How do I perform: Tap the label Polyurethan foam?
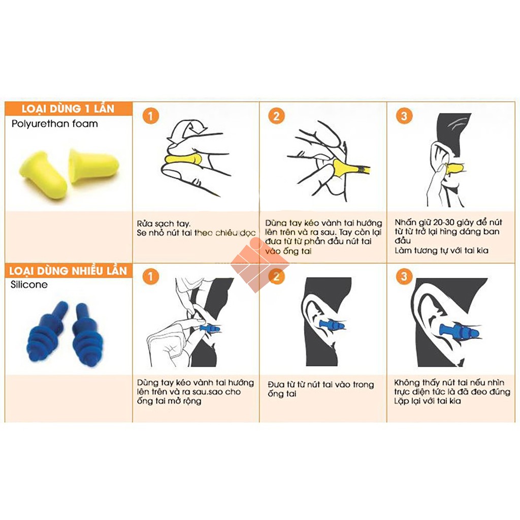pos(54,123)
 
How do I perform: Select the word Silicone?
pos(29,284)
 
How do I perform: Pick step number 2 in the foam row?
pos(276,116)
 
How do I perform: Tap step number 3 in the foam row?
pos(403,116)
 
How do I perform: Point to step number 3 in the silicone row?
pos(403,277)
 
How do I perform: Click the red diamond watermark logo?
pos(259,265)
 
